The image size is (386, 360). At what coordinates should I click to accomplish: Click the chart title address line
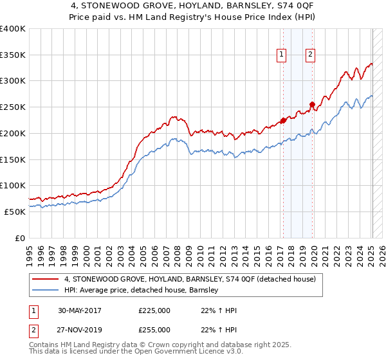click(192, 6)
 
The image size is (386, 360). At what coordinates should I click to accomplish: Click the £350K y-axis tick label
click(12, 55)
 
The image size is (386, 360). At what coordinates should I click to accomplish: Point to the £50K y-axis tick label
click(14, 212)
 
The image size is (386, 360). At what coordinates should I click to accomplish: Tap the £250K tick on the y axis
click(12, 107)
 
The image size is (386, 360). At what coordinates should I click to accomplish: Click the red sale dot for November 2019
click(312, 104)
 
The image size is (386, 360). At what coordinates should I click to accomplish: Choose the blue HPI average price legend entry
click(142, 290)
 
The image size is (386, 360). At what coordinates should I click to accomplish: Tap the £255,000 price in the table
click(154, 329)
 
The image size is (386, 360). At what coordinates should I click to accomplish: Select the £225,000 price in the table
click(154, 310)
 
